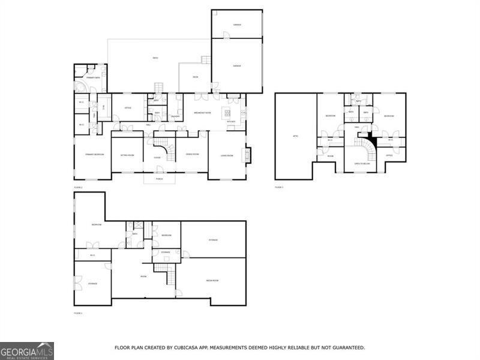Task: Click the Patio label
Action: [155, 58]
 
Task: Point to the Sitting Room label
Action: [127, 155]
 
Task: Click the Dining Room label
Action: [192, 155]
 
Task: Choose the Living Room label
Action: [226, 155]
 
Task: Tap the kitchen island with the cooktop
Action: [228, 112]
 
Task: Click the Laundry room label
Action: [175, 116]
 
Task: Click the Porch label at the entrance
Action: [160, 179]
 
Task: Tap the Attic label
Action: [295, 137]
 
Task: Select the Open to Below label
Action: [361, 163]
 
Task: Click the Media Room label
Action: [212, 280]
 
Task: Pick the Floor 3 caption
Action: [279, 187]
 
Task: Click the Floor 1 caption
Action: [78, 313]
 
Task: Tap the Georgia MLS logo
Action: [27, 350]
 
